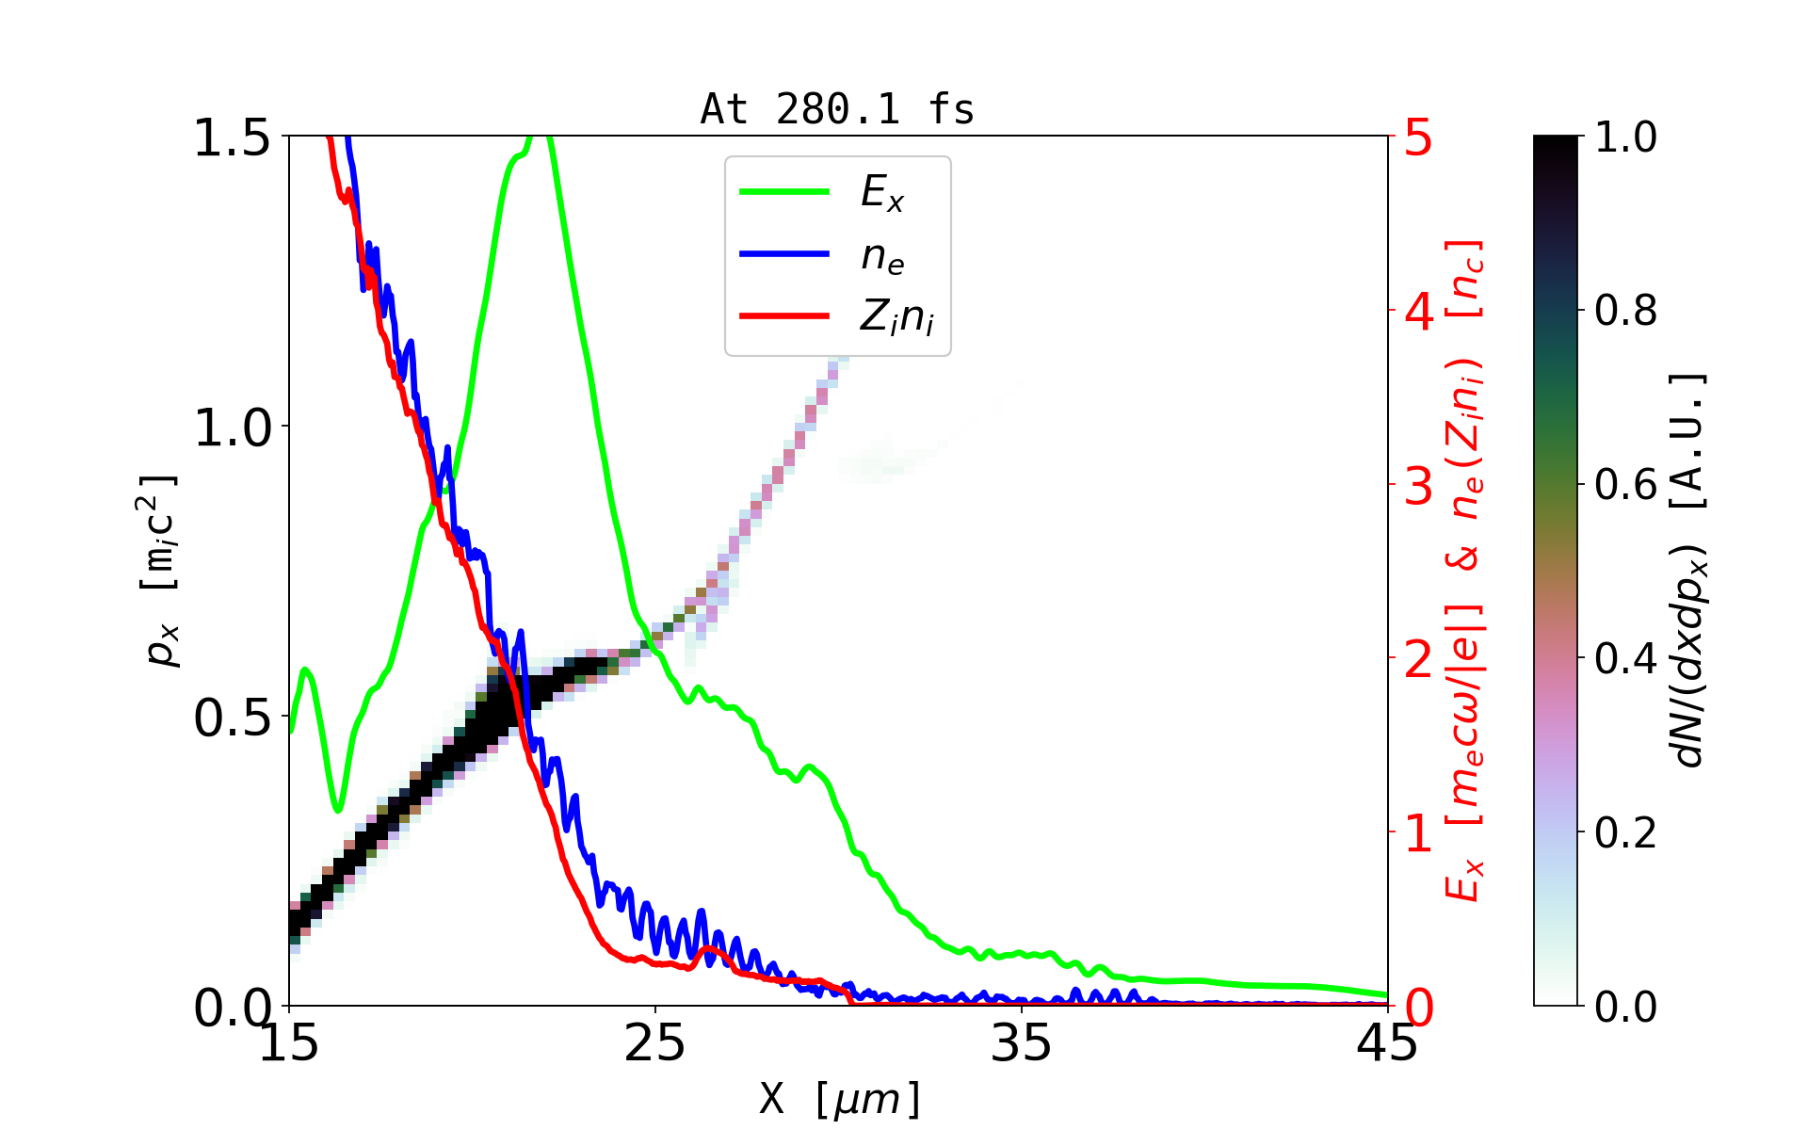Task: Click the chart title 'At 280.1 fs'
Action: pyautogui.click(x=837, y=109)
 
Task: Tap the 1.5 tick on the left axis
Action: pyautogui.click(x=233, y=138)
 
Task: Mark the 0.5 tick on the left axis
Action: pyautogui.click(x=233, y=718)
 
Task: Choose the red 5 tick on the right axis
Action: pyautogui.click(x=1418, y=138)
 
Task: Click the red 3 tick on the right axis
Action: pyautogui.click(x=1418, y=486)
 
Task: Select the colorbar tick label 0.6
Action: pyautogui.click(x=1625, y=485)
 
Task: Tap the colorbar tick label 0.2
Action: pyautogui.click(x=1625, y=832)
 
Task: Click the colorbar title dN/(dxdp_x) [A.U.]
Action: pyautogui.click(x=1690, y=570)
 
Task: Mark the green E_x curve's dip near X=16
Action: pyautogui.click(x=337, y=808)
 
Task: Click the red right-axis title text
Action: pyautogui.click(x=1465, y=570)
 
